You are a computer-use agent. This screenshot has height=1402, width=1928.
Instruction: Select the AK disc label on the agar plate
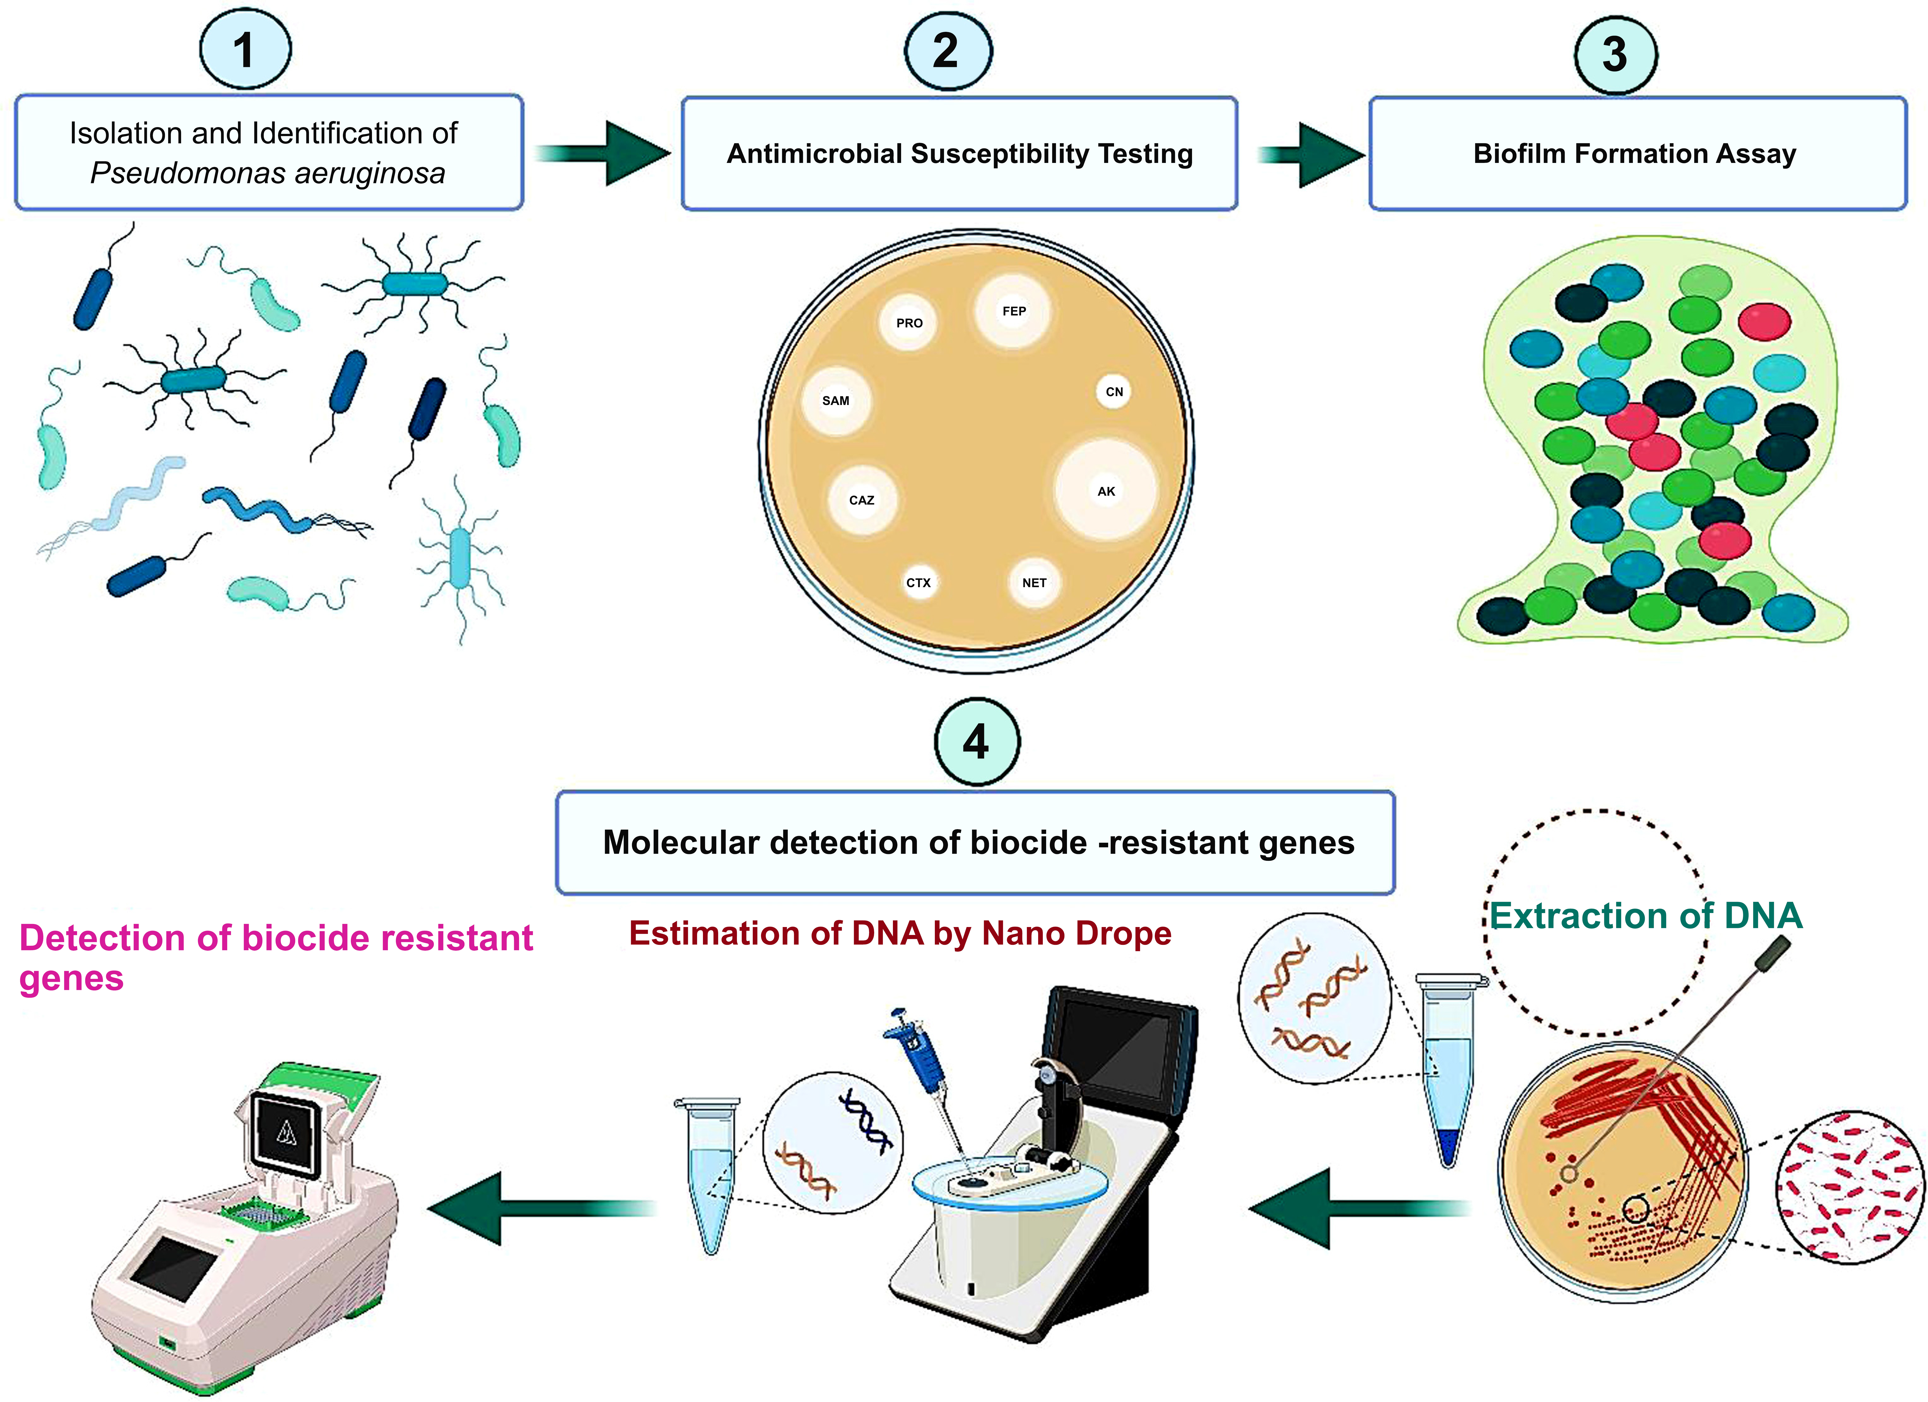tap(1106, 491)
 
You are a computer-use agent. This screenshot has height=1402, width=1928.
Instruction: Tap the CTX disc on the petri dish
tap(918, 583)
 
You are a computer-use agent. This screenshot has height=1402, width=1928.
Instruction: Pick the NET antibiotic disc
tap(1035, 583)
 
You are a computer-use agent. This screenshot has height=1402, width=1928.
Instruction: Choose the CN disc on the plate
tap(1114, 392)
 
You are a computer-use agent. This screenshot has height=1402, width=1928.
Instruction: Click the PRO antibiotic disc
tap(909, 323)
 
